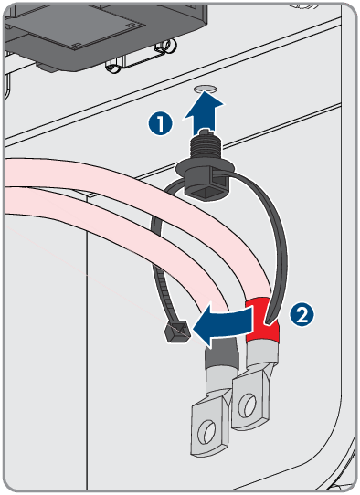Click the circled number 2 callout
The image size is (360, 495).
pos(302,315)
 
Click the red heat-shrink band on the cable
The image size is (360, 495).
pos(262,321)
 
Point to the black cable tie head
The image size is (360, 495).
pos(177,332)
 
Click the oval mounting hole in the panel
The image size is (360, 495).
pos(205,90)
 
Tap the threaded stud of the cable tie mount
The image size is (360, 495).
pos(206,147)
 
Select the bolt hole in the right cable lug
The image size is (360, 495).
pos(248,405)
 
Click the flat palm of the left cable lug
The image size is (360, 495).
pos(209,427)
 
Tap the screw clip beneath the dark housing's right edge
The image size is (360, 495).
pos(165,47)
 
